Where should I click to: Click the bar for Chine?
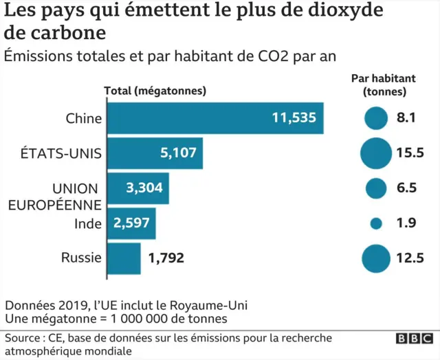215,117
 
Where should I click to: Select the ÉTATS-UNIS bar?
155,153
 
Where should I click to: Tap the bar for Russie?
124,258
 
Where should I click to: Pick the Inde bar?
131,223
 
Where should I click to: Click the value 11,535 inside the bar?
294,117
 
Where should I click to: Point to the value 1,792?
166,259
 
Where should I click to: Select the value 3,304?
144,188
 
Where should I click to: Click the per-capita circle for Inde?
376,223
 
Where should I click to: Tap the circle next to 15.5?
376,153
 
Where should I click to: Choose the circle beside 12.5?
376,258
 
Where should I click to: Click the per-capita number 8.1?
406,117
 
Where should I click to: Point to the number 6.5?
406,188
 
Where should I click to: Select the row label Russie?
81,258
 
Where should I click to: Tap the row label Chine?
83,118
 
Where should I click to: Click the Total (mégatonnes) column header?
155,91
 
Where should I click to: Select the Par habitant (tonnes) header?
385,85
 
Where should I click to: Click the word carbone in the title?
65,32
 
